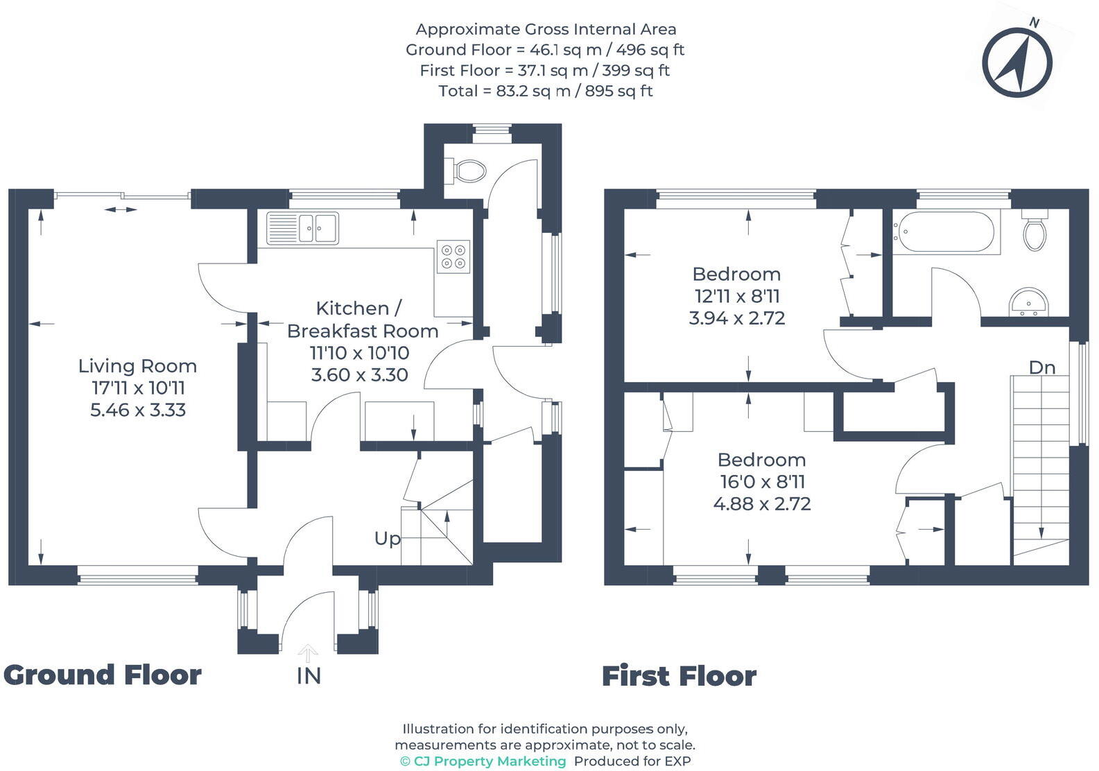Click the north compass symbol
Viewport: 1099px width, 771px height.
pyautogui.click(x=1017, y=62)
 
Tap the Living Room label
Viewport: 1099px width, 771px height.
pyautogui.click(x=138, y=366)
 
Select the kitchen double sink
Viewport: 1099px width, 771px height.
pyautogui.click(x=302, y=228)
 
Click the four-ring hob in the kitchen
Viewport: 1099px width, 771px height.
pyautogui.click(x=453, y=257)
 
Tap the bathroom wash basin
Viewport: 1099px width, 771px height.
pyautogui.click(x=1028, y=302)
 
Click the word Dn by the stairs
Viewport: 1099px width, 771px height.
pyautogui.click(x=1042, y=367)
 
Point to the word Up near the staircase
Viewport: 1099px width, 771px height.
pyautogui.click(x=388, y=539)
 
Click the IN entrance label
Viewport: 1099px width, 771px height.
pyautogui.click(x=309, y=676)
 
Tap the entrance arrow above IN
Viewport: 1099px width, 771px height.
pyautogui.click(x=308, y=653)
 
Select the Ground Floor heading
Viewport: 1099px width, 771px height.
pyautogui.click(x=103, y=675)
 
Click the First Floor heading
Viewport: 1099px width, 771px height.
pyautogui.click(x=679, y=676)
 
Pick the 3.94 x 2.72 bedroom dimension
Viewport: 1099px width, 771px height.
pyautogui.click(x=737, y=318)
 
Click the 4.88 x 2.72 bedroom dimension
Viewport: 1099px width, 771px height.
pyautogui.click(x=762, y=503)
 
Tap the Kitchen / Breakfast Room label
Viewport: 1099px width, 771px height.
pyautogui.click(x=362, y=320)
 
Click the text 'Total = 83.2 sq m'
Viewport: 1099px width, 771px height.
pyautogui.click(x=504, y=92)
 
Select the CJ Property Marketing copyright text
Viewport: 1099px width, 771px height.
pyautogui.click(x=483, y=761)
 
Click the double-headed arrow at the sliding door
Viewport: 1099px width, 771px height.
pyautogui.click(x=121, y=209)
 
